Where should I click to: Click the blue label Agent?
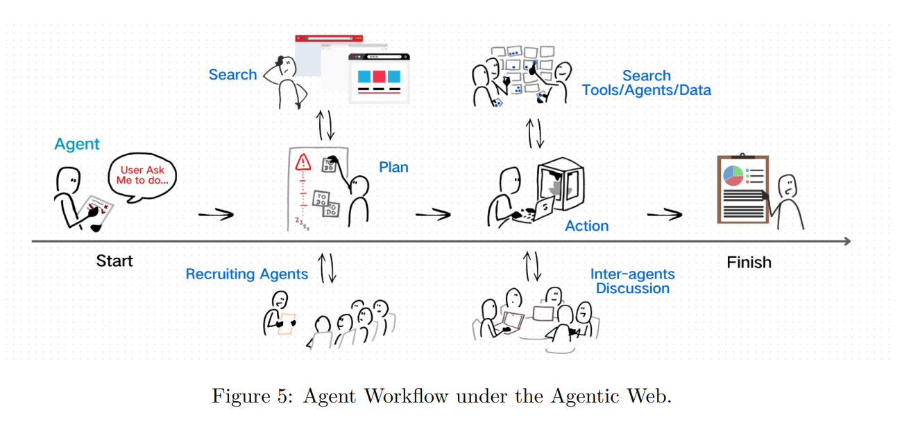coord(77,144)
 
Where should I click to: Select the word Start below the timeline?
coord(114,261)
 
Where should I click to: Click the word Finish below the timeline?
coord(749,263)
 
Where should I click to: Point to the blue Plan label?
coord(393,167)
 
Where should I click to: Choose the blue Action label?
coord(586,226)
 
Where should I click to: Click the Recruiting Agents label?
coord(246,274)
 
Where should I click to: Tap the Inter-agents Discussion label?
coord(632,281)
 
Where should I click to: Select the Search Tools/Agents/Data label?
coord(646,83)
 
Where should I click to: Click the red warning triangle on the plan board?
coord(303,164)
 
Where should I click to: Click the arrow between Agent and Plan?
coord(216,215)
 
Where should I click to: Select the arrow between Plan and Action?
coord(433,215)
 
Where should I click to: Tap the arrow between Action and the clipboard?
coord(664,215)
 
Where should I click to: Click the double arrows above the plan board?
coord(325,125)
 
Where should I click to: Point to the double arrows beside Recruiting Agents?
coord(327,267)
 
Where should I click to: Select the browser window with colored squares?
coord(379,78)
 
